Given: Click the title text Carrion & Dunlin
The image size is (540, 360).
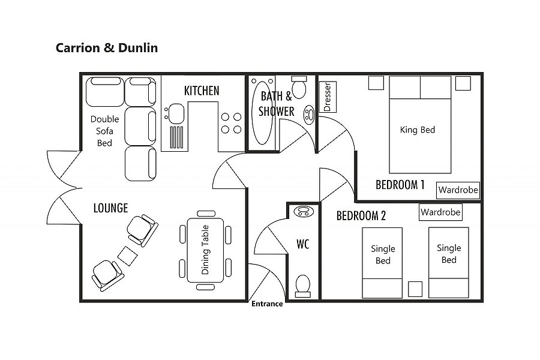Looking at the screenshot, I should coord(107,47).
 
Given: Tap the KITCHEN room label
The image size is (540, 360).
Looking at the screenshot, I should coord(202,91).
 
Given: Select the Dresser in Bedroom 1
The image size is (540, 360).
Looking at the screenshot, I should coord(328,97).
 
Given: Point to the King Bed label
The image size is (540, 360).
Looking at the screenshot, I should coord(417,130).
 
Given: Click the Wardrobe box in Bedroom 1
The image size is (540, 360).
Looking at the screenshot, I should coord(458,190).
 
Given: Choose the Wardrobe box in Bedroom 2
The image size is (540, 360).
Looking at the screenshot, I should coord(440,212).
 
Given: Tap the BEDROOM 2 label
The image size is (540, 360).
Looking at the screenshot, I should coord(361,215).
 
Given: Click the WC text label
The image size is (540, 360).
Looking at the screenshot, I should coord(303,244).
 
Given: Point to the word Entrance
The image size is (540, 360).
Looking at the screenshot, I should coord(267,304).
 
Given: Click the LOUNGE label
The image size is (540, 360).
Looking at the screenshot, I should coord(110,208).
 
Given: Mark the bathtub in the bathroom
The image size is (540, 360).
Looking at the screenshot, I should coord(261,112).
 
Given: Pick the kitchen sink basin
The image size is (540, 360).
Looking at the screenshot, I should coord(176,112).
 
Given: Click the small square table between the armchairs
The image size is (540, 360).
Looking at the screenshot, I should coord(127,256).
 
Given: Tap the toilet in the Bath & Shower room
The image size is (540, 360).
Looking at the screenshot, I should coord(298,89).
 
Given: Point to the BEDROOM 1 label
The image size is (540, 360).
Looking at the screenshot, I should coord(400,185).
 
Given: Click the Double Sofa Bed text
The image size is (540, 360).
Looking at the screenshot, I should coord(105,131).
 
